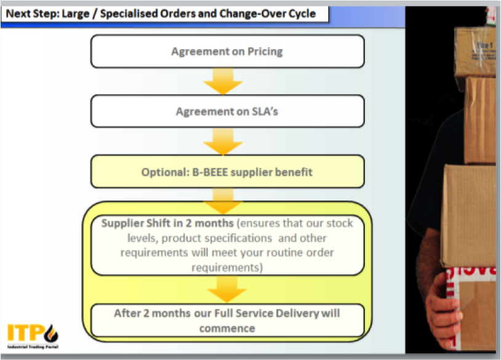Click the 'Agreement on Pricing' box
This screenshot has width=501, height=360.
tap(227, 51)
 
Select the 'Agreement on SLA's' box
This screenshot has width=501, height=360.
tap(227, 111)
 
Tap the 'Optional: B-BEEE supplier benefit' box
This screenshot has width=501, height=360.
tap(227, 172)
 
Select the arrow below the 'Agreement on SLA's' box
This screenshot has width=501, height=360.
tap(223, 142)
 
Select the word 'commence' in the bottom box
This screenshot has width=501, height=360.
tap(226, 328)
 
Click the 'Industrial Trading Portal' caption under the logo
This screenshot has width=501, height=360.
tap(33, 348)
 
